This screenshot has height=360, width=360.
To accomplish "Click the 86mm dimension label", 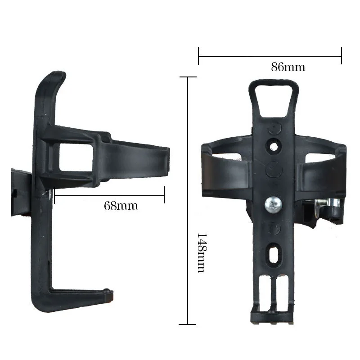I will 288,67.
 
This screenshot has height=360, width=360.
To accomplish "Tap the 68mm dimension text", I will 121,206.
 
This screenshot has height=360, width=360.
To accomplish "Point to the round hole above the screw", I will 273,147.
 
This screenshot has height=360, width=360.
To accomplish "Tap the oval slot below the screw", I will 273,256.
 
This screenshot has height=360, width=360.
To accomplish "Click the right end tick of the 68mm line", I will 164,195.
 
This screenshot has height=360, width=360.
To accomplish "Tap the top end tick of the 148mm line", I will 188,77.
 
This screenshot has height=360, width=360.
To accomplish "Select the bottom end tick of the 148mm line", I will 188,324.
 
